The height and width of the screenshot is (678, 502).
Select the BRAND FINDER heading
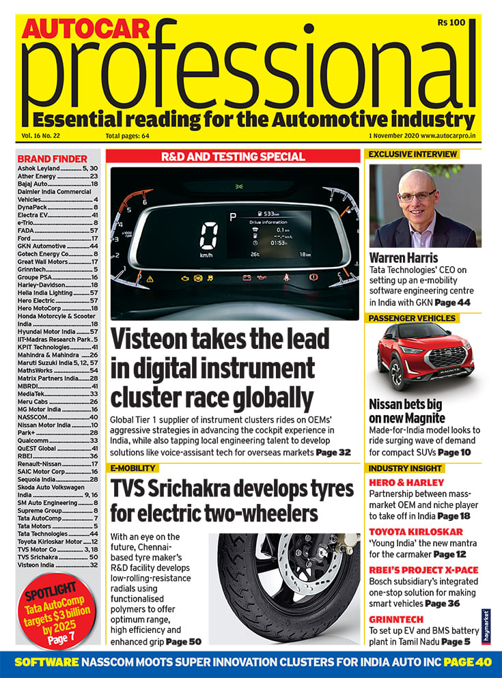52,158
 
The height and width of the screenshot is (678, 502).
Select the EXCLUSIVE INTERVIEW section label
412,154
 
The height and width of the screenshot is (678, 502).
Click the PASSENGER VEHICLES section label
412,318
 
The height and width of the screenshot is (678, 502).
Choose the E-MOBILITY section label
134,468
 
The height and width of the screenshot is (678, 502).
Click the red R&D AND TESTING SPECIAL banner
233,157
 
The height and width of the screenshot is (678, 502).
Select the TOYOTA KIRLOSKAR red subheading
416,531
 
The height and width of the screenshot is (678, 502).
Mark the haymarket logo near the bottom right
486,627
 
